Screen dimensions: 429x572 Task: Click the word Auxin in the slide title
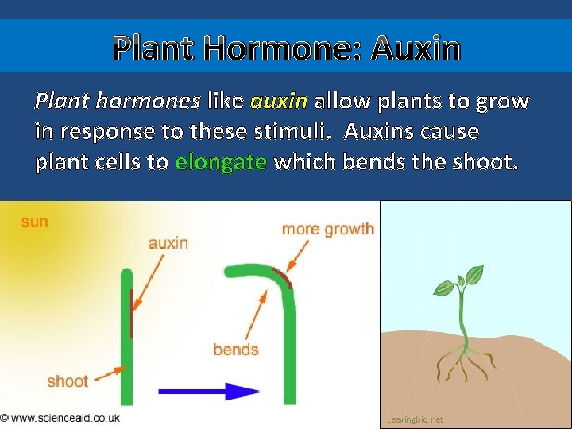pos(415,49)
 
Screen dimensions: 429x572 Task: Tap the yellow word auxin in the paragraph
pos(278,102)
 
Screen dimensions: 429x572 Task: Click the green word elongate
pos(221,163)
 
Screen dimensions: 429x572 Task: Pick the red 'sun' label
pos(34,222)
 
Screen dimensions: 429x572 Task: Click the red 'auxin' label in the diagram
pos(168,242)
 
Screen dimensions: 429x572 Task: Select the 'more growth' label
pos(327,229)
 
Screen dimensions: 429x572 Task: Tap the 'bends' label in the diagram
pos(236,350)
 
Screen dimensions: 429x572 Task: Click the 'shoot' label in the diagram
pos(68,381)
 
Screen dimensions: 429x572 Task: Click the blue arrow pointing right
pos(210,391)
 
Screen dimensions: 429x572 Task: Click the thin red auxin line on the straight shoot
pos(132,314)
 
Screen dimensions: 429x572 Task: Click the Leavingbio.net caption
pos(415,419)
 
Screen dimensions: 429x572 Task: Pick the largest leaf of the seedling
pos(475,276)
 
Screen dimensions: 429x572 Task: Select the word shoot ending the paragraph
pos(486,163)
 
